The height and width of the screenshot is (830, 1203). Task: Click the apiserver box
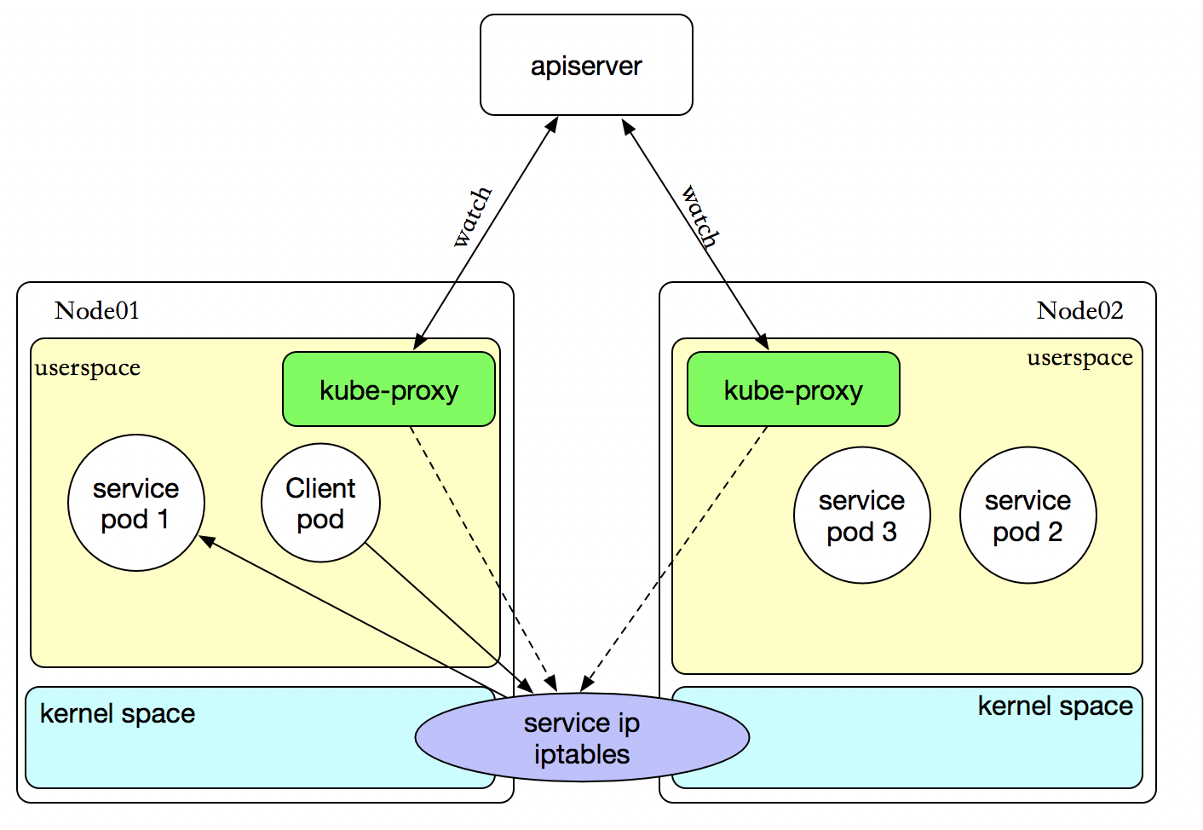[586, 66]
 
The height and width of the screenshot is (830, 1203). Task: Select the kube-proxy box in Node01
[389, 390]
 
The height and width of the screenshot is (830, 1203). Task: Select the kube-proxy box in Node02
[793, 390]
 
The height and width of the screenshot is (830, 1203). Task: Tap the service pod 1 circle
[136, 503]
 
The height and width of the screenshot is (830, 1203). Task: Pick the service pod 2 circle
[1027, 516]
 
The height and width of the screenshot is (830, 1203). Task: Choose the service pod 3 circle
[861, 516]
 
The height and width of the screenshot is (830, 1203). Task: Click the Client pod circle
[320, 503]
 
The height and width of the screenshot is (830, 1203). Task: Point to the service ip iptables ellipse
[582, 738]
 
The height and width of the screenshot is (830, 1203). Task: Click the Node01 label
[97, 310]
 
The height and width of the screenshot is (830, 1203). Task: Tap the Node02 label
[1079, 310]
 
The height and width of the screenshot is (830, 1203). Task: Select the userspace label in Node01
[88, 368]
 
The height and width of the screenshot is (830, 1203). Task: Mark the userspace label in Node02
[1079, 358]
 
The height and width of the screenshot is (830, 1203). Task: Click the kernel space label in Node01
[118, 714]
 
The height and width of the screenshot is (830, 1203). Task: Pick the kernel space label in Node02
[1055, 706]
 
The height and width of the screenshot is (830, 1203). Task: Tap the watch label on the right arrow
[701, 216]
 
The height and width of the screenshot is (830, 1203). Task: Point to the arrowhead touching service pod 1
[206, 540]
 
